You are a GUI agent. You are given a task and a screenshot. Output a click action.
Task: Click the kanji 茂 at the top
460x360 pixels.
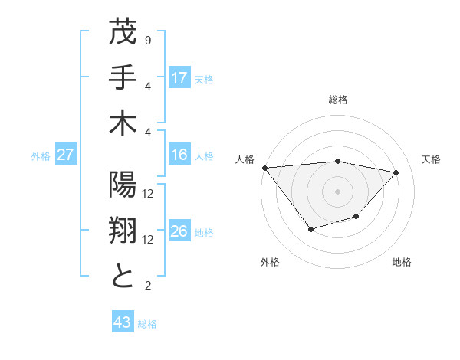point(123,34)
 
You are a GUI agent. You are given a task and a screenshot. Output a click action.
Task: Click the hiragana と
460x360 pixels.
point(123,275)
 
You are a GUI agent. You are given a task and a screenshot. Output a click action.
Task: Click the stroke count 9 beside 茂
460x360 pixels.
point(147,40)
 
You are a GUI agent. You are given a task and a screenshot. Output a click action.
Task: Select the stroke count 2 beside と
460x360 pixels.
point(147,286)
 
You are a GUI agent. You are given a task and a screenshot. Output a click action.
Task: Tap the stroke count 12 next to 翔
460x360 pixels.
point(149,240)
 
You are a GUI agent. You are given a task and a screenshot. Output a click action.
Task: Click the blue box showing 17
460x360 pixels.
point(179,78)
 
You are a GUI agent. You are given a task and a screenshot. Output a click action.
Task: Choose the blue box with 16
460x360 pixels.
point(179,155)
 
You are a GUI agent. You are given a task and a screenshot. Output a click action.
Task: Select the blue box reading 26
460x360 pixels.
point(179,232)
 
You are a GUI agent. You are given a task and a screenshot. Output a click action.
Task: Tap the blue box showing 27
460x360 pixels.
point(65,155)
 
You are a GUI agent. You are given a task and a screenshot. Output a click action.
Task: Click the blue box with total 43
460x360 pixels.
point(123,323)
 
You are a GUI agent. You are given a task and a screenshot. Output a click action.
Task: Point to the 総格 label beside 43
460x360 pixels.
point(147,324)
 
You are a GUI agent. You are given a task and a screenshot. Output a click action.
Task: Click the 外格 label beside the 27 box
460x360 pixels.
point(41,156)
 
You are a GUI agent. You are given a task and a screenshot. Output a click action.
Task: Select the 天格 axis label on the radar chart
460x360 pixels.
point(431,159)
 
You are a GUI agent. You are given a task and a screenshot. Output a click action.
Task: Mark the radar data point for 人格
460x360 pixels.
point(264,168)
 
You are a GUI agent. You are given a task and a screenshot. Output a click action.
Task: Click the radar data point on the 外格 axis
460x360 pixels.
point(310,229)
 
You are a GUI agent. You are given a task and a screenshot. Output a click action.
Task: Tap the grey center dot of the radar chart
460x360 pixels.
point(337,191)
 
